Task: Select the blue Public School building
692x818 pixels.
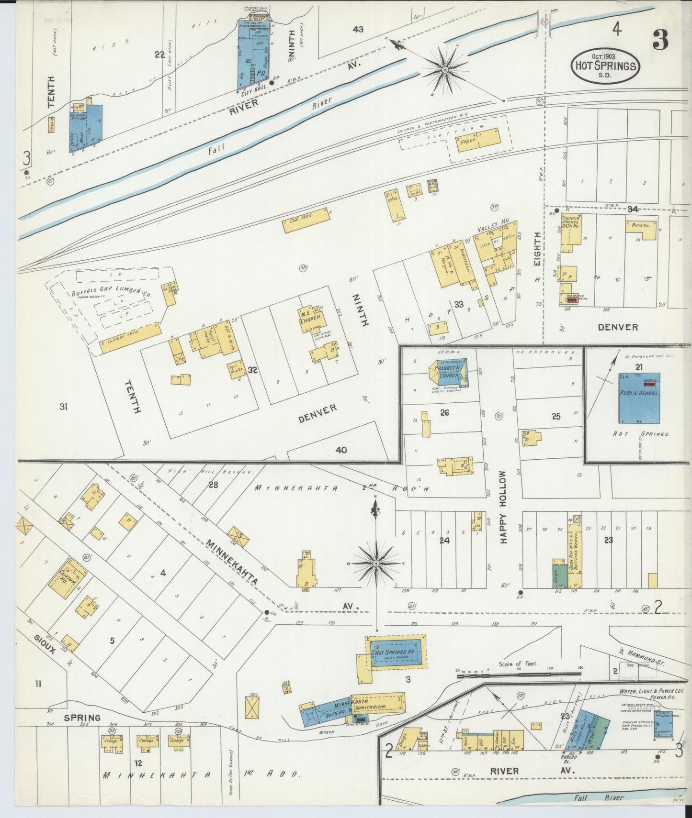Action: (639, 398)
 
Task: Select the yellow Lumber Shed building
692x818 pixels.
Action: (129, 336)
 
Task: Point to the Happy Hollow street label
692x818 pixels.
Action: (503, 507)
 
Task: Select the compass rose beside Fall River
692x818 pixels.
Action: (445, 70)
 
